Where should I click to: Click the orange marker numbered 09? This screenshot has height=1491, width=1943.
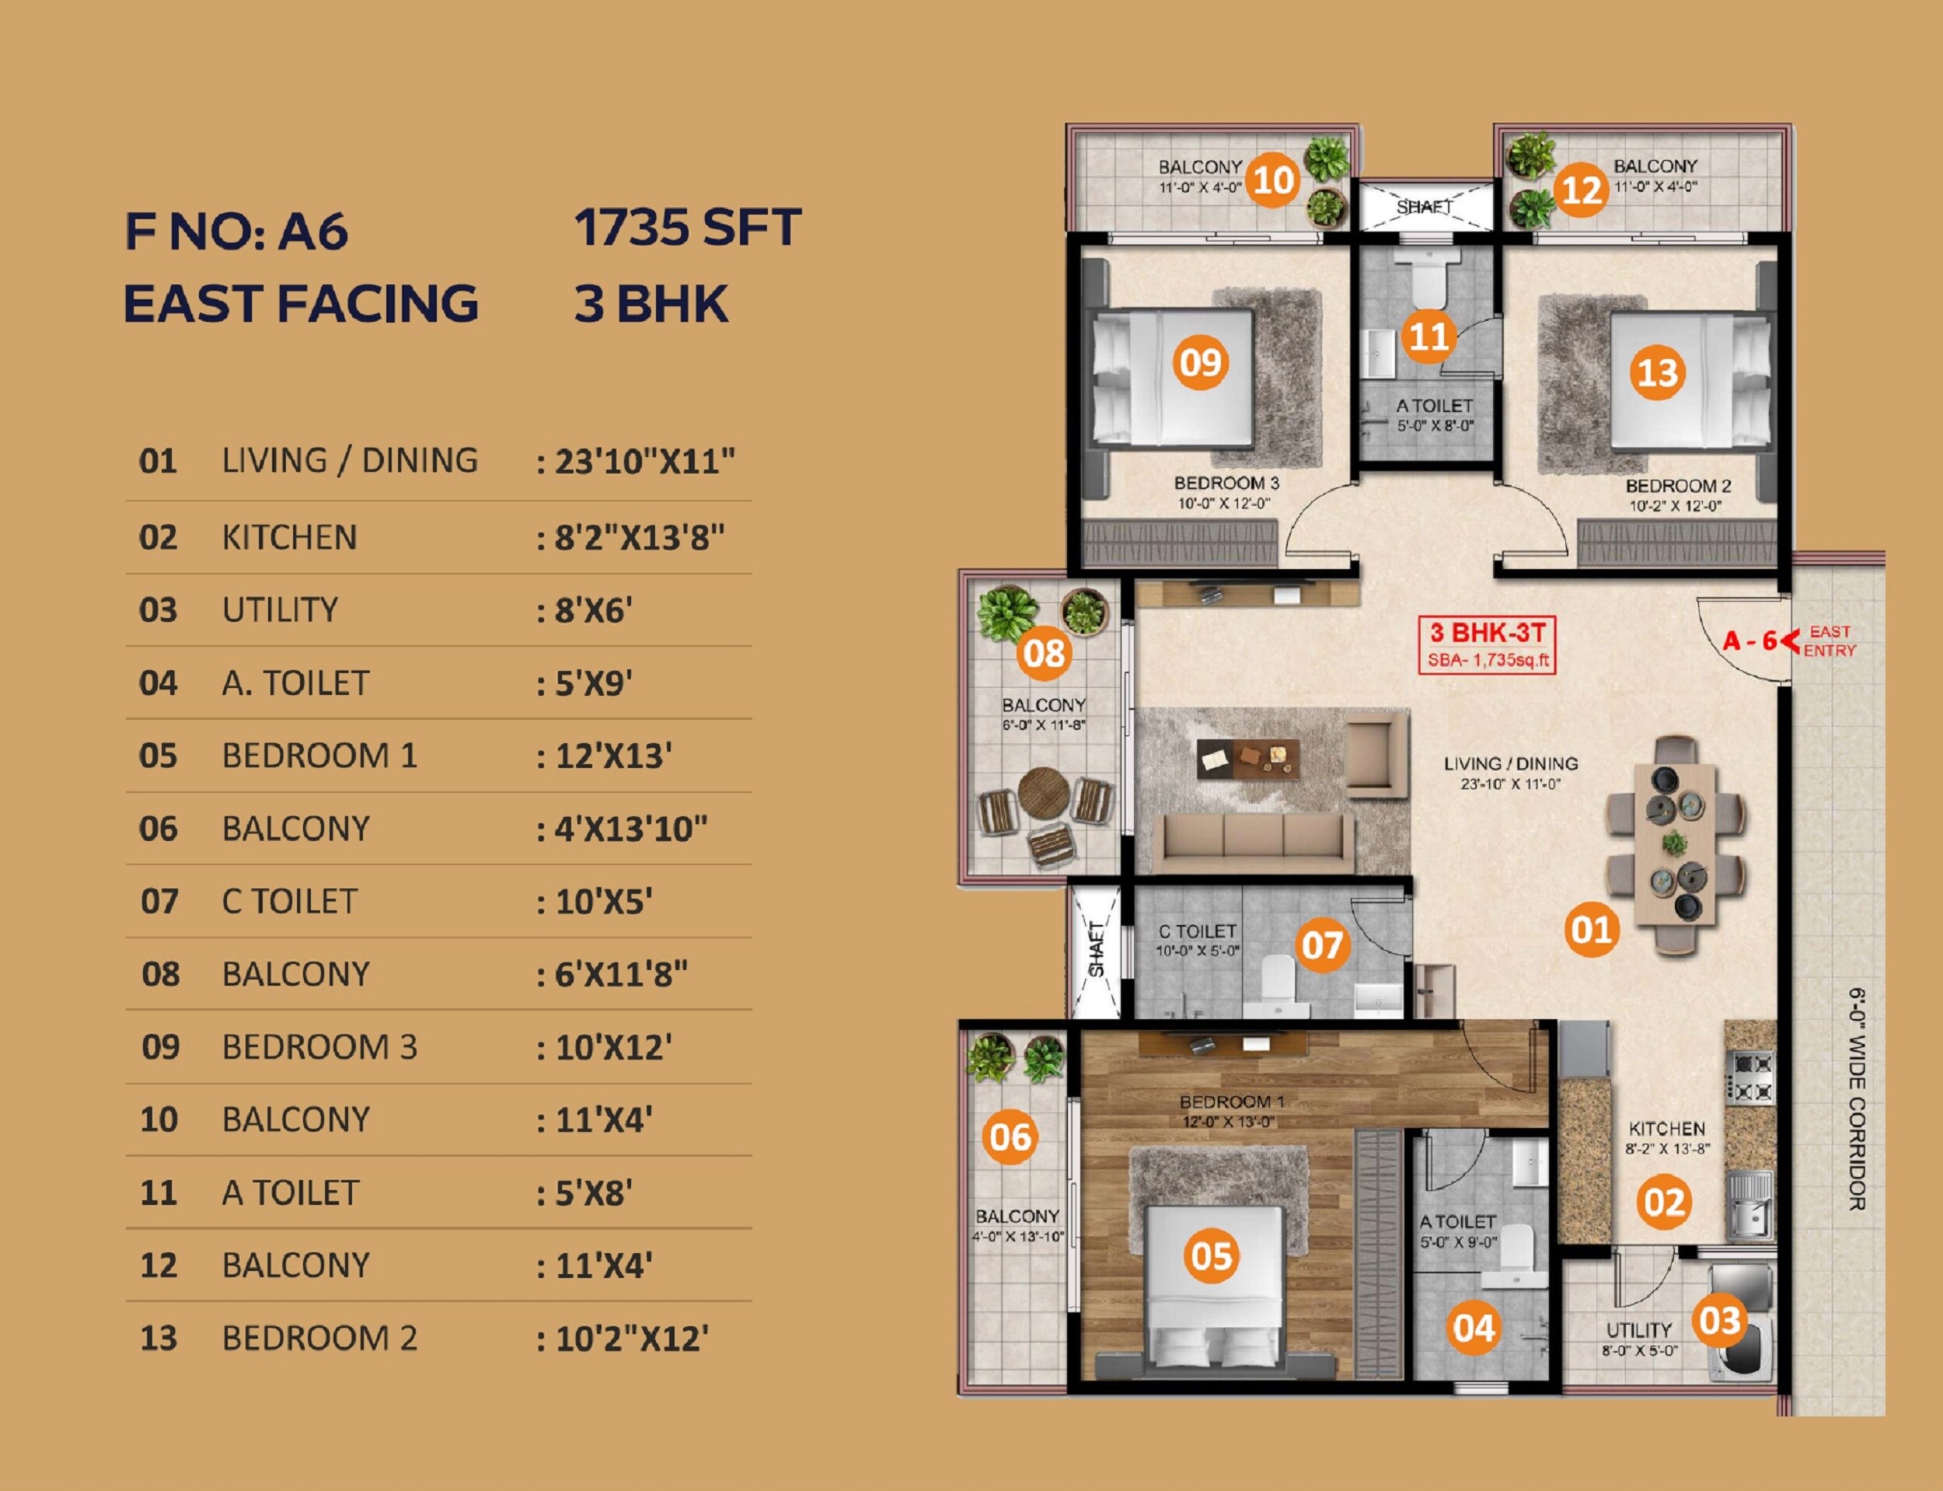pyautogui.click(x=1201, y=362)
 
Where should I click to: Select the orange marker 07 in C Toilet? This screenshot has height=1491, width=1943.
pyautogui.click(x=1322, y=945)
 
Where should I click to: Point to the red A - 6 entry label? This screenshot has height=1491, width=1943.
pyautogui.click(x=1749, y=640)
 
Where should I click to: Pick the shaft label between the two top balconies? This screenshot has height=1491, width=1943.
pyautogui.click(x=1423, y=207)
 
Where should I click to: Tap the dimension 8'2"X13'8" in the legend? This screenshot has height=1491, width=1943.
pyautogui.click(x=639, y=537)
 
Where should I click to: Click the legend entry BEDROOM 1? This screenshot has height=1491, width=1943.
pyautogui.click(x=319, y=756)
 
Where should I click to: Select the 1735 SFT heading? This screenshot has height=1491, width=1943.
pyautogui.click(x=688, y=227)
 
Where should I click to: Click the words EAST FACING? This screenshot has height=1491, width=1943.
pyautogui.click(x=302, y=302)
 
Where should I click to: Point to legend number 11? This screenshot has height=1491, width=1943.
pyautogui.click(x=158, y=1192)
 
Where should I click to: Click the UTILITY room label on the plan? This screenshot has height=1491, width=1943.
pyautogui.click(x=1638, y=1330)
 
